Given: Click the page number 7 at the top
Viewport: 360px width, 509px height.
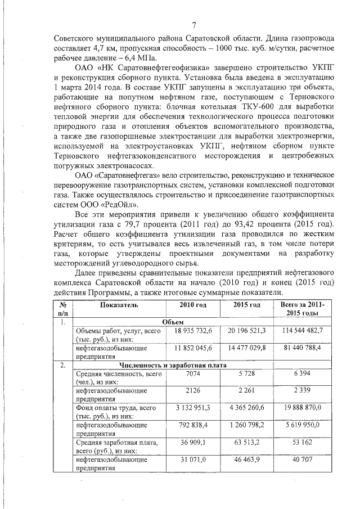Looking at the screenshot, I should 193,25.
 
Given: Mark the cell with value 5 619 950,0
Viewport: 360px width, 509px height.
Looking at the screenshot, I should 301,426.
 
